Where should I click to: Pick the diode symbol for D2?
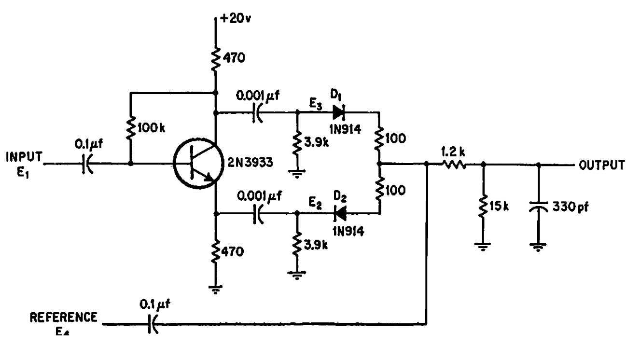(x=340, y=213)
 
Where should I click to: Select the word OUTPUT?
(x=599, y=165)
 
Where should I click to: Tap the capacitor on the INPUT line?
(x=86, y=164)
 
